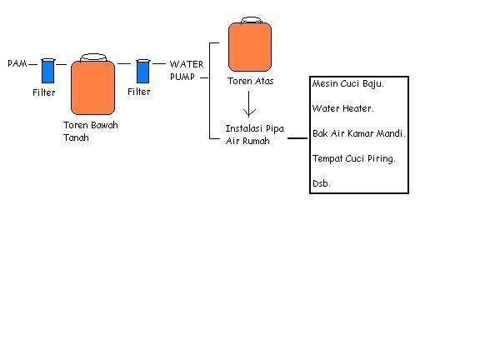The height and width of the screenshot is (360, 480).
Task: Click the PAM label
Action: [x=17, y=63]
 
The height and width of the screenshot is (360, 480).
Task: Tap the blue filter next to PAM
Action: [x=47, y=71]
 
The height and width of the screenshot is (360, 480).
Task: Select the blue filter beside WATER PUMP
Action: [x=142, y=72]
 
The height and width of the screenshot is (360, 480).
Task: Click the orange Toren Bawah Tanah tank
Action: [x=92, y=87]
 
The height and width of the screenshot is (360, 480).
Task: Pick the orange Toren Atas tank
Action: [x=250, y=47]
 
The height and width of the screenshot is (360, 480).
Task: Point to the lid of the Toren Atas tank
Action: [x=252, y=20]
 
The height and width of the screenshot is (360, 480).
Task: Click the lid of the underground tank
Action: [x=93, y=57]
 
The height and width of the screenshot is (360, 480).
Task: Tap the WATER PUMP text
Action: [x=187, y=70]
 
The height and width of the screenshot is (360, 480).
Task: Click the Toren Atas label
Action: [x=250, y=81]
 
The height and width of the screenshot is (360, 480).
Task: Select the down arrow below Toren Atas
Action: [x=249, y=104]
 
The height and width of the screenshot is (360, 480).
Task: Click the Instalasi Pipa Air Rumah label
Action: [x=255, y=135]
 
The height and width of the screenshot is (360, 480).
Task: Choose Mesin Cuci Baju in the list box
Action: [x=347, y=84]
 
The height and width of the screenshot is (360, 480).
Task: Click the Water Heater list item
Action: [x=342, y=108]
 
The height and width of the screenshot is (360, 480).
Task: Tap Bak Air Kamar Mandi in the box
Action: [x=359, y=133]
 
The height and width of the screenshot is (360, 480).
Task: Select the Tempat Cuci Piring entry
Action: [x=354, y=159]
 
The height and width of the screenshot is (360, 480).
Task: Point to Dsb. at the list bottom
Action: [x=322, y=183]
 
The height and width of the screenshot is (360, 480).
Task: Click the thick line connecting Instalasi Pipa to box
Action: [x=297, y=138]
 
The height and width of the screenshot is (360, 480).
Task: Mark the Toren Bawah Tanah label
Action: [x=91, y=132]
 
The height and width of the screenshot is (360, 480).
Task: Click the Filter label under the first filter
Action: [x=44, y=92]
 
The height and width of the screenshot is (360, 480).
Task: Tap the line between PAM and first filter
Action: [x=32, y=64]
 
